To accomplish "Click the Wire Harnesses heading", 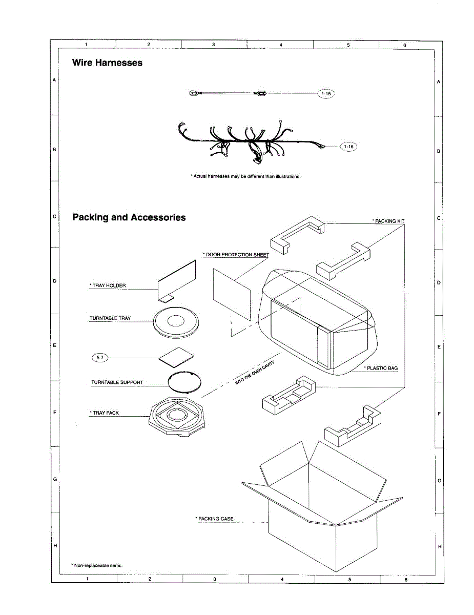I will (107, 63).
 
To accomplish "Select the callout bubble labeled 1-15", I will (326, 94).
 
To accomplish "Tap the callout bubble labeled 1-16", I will (348, 147).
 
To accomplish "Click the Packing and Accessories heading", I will (129, 217).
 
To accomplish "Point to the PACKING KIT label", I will (389, 221).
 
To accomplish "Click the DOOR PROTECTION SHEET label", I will (237, 255).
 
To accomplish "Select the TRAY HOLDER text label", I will (108, 285).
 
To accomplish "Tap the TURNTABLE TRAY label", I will (110, 318).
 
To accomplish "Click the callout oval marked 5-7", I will (99, 357).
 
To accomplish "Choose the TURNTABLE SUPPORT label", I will (117, 382).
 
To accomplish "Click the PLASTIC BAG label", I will (381, 368).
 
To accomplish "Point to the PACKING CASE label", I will (215, 519).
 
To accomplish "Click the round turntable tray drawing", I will (176, 322).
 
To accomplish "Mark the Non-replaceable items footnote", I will (97, 565).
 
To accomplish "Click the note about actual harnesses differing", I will (245, 176).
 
